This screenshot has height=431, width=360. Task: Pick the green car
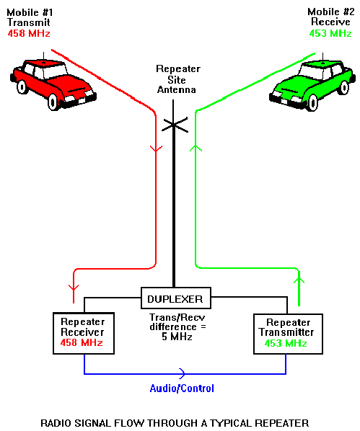(312, 84)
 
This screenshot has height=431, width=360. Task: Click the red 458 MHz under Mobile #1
(29, 34)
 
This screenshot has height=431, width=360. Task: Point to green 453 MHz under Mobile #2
(330, 34)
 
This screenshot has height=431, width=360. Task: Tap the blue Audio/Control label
(182, 388)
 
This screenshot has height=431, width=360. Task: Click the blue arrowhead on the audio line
(183, 373)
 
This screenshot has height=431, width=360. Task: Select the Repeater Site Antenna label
(177, 79)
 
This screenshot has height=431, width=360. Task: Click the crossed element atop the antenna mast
(175, 125)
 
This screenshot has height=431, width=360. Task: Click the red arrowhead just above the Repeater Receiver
(74, 288)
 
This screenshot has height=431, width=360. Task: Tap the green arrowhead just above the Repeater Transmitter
(299, 280)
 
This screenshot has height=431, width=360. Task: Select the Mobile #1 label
(30, 13)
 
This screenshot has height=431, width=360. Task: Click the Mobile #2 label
(331, 12)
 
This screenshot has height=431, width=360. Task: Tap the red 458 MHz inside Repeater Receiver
(82, 343)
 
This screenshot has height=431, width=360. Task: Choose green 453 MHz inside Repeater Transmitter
(286, 343)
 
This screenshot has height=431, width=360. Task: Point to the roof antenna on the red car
(43, 58)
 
